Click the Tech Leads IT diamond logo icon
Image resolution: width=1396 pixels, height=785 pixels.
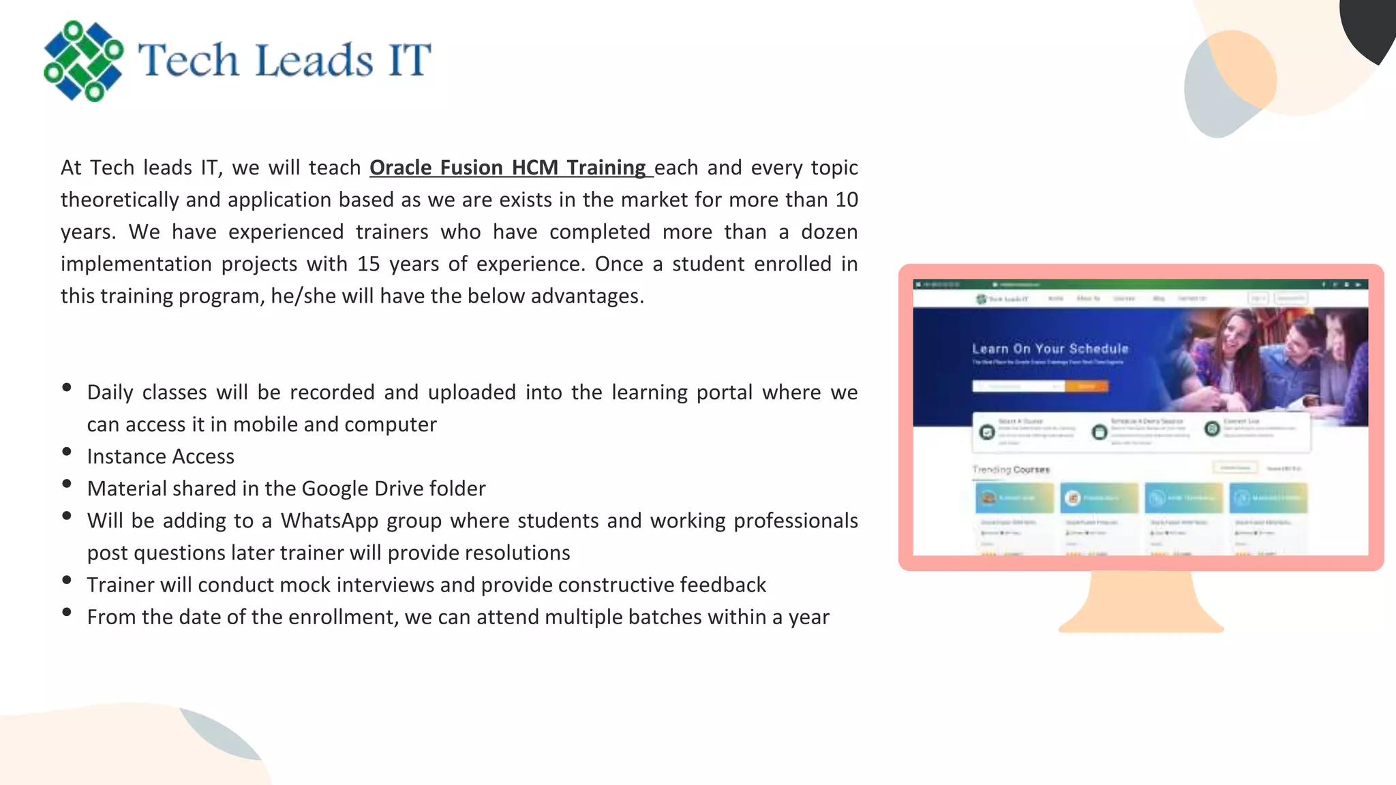click(83, 61)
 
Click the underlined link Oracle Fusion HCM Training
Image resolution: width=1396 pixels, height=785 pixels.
click(508, 168)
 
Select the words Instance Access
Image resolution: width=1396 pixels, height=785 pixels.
click(160, 457)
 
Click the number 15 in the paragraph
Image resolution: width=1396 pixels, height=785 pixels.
click(368, 264)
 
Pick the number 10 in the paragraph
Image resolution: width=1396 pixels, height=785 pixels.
click(847, 200)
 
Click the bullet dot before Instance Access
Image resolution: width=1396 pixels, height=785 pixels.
click(67, 452)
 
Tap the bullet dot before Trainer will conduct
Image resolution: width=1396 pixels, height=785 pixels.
click(67, 580)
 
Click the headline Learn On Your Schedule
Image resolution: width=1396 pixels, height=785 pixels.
click(1050, 349)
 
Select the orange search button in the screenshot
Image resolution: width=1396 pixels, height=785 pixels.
click(1087, 386)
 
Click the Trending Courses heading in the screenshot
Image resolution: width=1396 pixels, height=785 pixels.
click(1011, 470)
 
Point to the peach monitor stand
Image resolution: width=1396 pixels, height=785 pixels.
click(1141, 603)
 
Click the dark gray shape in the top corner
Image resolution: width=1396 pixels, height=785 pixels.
click(1370, 27)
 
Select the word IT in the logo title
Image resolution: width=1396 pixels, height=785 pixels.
click(410, 60)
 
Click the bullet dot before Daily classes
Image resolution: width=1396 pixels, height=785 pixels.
click(67, 388)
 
